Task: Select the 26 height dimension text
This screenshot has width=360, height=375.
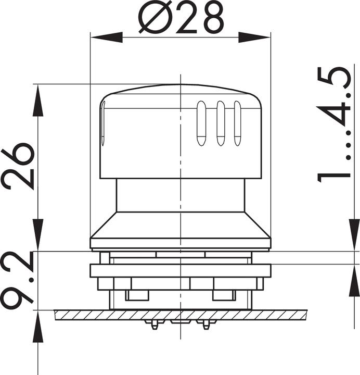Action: pyautogui.click(x=18, y=166)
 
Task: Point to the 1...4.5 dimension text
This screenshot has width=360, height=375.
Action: pyautogui.click(x=335, y=124)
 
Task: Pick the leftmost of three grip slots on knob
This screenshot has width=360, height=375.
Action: pyautogui.click(x=201, y=123)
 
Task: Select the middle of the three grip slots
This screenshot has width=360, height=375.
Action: pyautogui.click(x=221, y=123)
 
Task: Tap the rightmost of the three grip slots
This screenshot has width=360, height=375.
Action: pyautogui.click(x=238, y=123)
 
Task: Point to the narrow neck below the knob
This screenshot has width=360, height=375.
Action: pyautogui.click(x=180, y=195)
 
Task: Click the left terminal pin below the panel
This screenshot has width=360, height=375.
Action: pyautogui.click(x=154, y=324)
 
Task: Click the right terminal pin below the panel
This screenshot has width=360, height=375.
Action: pyautogui.click(x=206, y=324)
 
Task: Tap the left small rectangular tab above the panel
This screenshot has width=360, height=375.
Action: pyautogui.click(x=137, y=295)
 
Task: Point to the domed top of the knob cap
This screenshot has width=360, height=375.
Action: pyautogui.click(x=180, y=89)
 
